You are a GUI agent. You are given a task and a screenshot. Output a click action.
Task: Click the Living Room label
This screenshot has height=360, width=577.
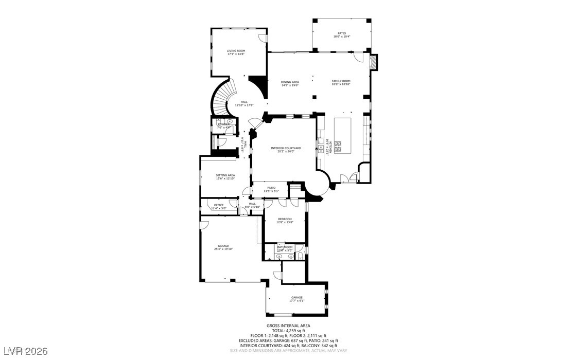(x=236, y=51)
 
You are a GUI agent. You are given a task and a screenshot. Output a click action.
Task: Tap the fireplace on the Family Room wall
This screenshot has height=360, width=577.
(x=374, y=62)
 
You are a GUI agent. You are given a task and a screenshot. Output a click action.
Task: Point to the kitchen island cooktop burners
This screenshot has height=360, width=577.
(x=338, y=146)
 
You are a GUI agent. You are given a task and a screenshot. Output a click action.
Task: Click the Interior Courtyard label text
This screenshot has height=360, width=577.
(x=286, y=148)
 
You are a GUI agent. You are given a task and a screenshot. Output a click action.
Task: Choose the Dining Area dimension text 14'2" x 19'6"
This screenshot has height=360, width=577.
(x=290, y=85)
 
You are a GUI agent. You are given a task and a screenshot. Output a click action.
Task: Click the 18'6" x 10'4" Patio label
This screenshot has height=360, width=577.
(x=341, y=37)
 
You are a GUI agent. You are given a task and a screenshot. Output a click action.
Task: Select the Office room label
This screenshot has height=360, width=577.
(x=219, y=205)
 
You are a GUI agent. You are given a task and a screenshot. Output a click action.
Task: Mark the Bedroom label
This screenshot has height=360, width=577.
(x=285, y=219)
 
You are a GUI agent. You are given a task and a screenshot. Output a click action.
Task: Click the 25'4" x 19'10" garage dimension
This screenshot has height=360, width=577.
(x=223, y=249)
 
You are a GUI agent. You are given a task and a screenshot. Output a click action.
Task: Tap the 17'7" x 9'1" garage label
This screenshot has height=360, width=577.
(x=297, y=300)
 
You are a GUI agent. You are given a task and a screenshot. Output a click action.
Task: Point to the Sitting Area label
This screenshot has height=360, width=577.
(x=225, y=175)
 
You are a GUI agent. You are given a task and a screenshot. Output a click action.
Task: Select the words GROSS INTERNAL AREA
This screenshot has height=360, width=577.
(x=288, y=326)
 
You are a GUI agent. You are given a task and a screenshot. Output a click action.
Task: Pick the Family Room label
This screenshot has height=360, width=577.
(x=341, y=81)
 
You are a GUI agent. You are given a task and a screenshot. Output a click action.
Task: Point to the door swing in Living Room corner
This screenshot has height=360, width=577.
(x=263, y=39)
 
